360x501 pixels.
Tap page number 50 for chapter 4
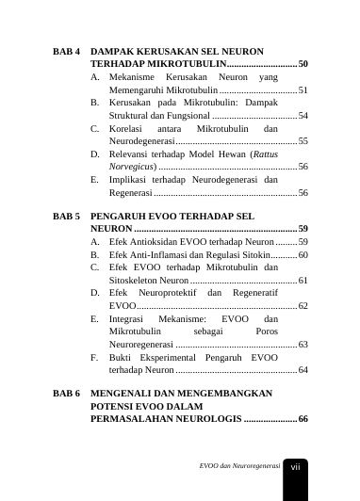(303, 63)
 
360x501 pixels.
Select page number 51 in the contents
(303, 89)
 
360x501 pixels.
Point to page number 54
(303, 115)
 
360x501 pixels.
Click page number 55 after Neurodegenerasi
(303, 140)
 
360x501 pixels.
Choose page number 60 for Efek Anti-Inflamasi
(303, 254)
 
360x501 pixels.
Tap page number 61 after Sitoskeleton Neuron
(303, 281)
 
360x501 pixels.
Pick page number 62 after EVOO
(303, 306)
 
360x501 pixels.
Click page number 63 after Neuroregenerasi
(303, 345)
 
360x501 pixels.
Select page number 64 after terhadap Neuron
(303, 370)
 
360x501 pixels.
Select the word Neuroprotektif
(166, 293)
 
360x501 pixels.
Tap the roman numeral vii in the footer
(295, 466)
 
